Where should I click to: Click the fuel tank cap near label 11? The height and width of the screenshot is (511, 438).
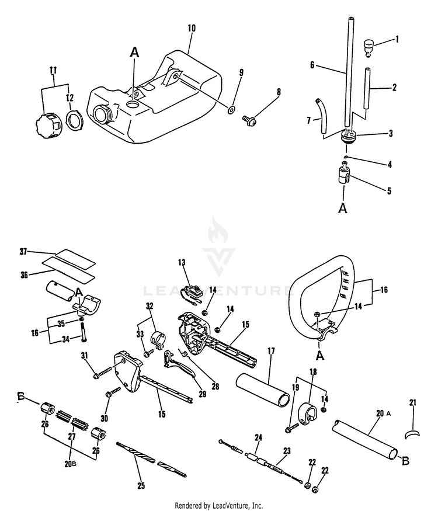[x=46, y=124]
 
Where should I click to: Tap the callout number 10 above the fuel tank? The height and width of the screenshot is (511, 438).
[x=192, y=28]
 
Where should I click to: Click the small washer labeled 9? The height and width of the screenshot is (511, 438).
[x=231, y=109]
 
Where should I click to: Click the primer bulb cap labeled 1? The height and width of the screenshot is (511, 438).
[x=369, y=46]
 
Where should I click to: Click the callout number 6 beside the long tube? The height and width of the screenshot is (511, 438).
[x=312, y=65]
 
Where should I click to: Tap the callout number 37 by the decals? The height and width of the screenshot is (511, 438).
[x=23, y=252]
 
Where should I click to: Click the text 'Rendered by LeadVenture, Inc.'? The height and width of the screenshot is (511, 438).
[x=219, y=505]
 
